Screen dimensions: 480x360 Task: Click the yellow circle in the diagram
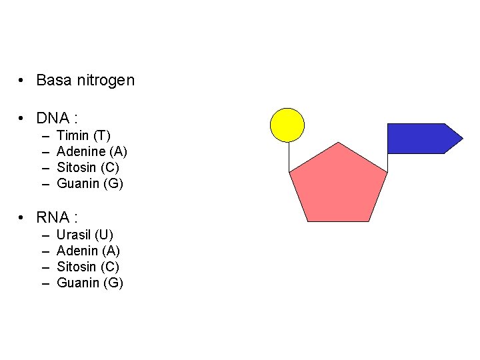click(287, 125)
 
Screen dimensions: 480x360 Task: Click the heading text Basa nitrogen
click(85, 81)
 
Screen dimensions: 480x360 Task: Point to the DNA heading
click(57, 119)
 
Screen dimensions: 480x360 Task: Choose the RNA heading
click(57, 217)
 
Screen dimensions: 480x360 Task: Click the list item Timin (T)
click(84, 135)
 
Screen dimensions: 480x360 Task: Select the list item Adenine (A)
click(92, 151)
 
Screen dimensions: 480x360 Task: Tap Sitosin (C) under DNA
click(88, 167)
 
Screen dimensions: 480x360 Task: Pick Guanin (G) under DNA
click(90, 183)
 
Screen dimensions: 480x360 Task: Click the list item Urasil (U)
click(85, 235)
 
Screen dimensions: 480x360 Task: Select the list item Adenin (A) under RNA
click(88, 251)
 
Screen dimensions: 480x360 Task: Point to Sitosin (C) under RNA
click(88, 267)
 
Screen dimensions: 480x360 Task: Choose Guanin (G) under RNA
click(90, 283)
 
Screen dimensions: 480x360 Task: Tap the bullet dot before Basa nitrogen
click(22, 81)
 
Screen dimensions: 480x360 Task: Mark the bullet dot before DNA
click(22, 119)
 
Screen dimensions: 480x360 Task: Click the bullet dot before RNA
click(22, 218)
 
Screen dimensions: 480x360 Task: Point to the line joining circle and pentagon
click(289, 157)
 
